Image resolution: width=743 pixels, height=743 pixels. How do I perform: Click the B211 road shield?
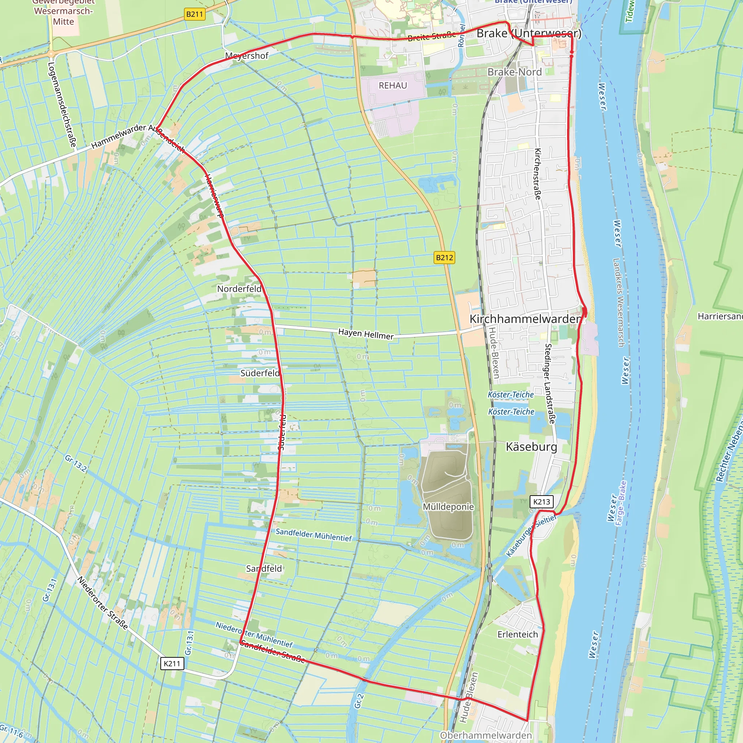tap(194, 14)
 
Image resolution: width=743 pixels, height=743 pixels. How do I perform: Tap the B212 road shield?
tap(444, 257)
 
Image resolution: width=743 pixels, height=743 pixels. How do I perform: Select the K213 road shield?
tap(542, 501)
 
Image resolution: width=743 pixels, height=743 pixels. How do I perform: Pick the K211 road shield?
tap(172, 664)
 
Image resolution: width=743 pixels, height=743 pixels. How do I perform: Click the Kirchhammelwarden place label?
tap(525, 319)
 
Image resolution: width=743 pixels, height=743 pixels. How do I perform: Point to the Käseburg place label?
tap(531, 447)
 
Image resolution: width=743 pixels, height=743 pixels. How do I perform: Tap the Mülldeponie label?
tap(448, 506)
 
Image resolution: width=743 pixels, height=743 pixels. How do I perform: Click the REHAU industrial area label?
tap(393, 85)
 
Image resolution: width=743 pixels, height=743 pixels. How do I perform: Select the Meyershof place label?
tap(246, 56)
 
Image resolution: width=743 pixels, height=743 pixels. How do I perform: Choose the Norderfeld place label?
tap(239, 288)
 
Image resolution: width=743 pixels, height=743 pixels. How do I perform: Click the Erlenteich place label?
tap(518, 634)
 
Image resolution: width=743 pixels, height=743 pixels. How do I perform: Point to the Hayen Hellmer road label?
tap(366, 334)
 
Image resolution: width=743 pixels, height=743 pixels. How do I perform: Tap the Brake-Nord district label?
tap(514, 72)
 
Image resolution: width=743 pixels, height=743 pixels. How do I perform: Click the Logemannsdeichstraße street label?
tap(62, 104)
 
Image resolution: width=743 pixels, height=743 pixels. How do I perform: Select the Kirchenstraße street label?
tap(538, 174)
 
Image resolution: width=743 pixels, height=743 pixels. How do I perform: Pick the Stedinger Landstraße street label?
tap(550, 384)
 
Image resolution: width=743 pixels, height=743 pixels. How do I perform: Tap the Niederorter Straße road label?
tap(102, 603)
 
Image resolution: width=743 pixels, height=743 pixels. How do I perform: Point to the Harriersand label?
tap(720, 316)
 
